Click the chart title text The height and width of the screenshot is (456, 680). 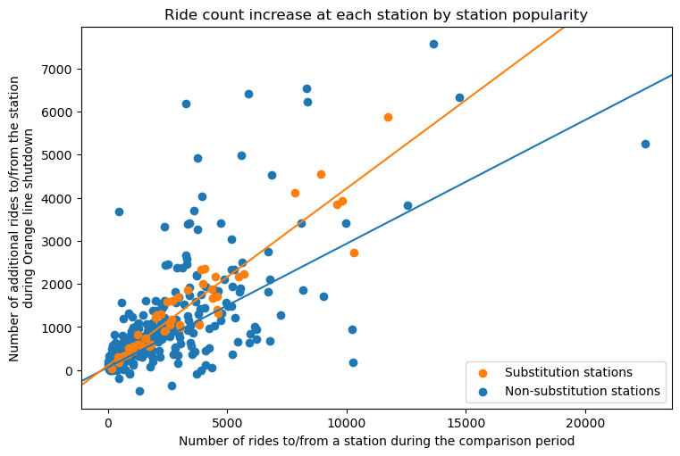coord(376,14)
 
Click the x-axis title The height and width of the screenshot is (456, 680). coord(376,441)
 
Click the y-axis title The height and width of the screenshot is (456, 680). coord(21,219)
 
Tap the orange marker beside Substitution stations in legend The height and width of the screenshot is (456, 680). coord(485,372)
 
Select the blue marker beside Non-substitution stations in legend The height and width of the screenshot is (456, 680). coord(485,391)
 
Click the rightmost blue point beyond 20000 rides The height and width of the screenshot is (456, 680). coord(645,144)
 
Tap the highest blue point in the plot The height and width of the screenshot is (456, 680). coord(433,44)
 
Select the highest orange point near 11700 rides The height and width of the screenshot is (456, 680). coord(388,117)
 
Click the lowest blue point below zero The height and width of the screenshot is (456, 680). coord(139,391)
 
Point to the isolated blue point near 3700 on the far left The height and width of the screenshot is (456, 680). coord(119,211)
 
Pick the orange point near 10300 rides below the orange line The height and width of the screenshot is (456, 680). coord(354,253)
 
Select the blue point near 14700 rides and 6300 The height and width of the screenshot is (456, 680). coord(459,97)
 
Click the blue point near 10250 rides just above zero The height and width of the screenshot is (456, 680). coord(353,362)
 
